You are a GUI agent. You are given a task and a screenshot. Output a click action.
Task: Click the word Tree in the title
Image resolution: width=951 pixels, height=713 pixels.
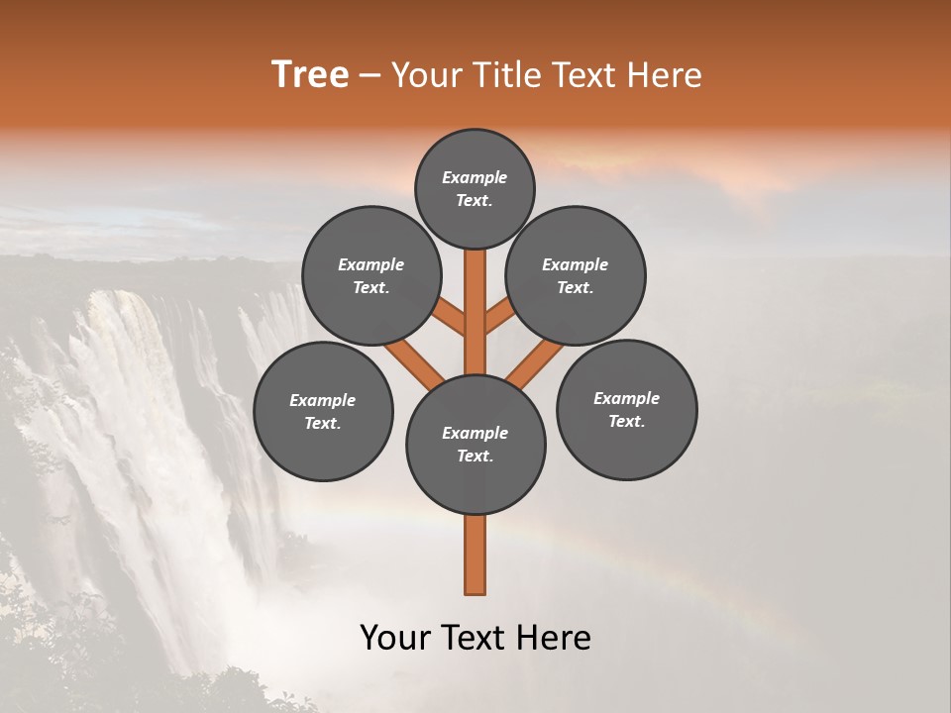(x=310, y=75)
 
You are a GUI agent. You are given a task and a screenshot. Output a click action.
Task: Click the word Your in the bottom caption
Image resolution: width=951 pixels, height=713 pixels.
(x=394, y=638)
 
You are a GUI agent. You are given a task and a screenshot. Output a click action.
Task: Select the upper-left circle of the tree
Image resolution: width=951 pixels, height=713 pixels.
(x=371, y=275)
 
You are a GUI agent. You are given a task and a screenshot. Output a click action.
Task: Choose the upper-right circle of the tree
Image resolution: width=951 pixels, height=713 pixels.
(x=576, y=275)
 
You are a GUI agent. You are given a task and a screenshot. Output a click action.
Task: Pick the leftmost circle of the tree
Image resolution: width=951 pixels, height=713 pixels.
(x=323, y=411)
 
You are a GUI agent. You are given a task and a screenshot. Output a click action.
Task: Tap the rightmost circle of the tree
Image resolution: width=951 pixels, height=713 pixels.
(x=626, y=409)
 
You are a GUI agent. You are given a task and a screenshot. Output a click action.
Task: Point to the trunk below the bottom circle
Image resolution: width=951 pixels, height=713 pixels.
(x=475, y=555)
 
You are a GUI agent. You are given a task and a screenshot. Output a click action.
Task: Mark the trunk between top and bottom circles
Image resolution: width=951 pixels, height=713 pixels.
(x=475, y=312)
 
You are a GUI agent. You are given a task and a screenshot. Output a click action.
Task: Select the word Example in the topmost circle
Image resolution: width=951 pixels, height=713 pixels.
(x=475, y=178)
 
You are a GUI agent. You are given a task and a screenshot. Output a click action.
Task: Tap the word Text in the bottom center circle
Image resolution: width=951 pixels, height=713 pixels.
(x=475, y=457)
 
